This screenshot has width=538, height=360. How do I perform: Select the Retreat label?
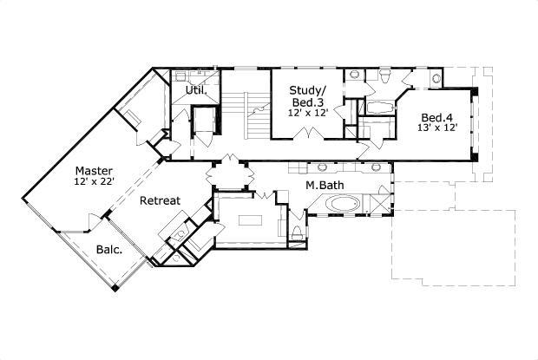(161, 201)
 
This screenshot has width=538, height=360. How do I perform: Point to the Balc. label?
(108, 250)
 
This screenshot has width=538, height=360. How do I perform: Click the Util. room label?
(194, 90)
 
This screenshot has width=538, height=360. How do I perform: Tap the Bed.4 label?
(436, 118)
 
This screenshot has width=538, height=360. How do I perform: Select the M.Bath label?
(320, 185)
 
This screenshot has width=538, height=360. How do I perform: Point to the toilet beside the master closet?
(297, 231)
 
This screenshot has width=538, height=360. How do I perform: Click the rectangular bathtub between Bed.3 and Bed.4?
(378, 108)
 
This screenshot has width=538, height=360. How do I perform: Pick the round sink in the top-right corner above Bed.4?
(436, 80)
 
